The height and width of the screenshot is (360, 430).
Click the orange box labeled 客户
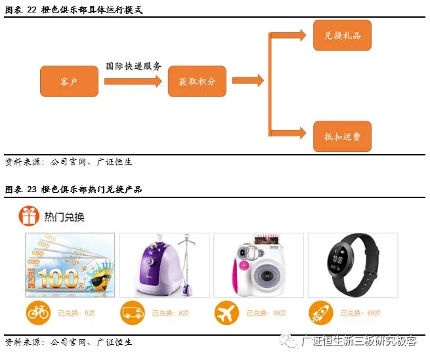click(69, 82)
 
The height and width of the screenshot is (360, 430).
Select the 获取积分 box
click(197, 82)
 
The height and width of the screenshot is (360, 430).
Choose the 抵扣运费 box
click(342, 137)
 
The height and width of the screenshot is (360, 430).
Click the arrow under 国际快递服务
click(133, 81)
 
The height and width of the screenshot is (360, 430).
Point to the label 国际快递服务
click(134, 67)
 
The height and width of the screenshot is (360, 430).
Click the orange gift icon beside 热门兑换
click(28, 216)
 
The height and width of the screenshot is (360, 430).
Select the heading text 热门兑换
click(64, 216)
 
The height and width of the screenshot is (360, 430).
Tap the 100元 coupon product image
click(70, 266)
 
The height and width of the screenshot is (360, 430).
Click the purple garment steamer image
click(164, 266)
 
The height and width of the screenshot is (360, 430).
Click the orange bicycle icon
click(37, 313)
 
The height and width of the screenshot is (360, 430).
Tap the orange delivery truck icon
click(132, 313)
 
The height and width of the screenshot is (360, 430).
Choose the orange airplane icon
click(226, 313)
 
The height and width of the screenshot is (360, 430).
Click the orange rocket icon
click(321, 313)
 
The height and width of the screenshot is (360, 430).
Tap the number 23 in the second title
click(31, 190)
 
